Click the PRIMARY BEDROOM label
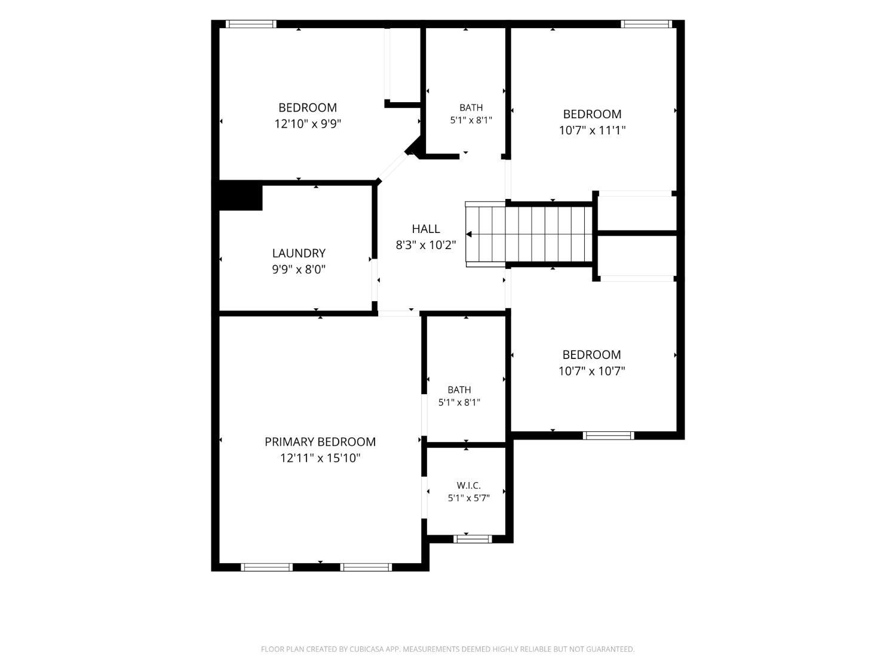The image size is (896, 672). coord(320,442)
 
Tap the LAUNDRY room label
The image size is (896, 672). coord(299,253)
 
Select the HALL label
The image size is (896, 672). coord(426,229)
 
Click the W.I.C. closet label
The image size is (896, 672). coord(469,486)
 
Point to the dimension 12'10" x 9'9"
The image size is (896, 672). coord(308,124)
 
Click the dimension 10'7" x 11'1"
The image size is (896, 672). coord(592,130)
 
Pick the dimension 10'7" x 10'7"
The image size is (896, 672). coord(591,371)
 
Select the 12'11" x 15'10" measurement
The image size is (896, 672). coord(320,458)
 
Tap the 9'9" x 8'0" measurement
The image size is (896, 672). coord(299,270)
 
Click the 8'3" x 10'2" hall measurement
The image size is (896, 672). coord(426,246)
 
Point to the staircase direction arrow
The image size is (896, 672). coord(469,234)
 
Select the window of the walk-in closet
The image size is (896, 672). coord(472,539)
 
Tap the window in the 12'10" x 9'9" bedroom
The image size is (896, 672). coord(251,24)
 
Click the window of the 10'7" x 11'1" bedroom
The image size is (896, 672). coord(646,24)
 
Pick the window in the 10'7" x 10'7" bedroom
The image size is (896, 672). coord(609,435)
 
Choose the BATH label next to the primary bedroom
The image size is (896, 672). coord(459,390)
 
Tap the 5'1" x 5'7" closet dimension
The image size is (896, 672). coord(469,498)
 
